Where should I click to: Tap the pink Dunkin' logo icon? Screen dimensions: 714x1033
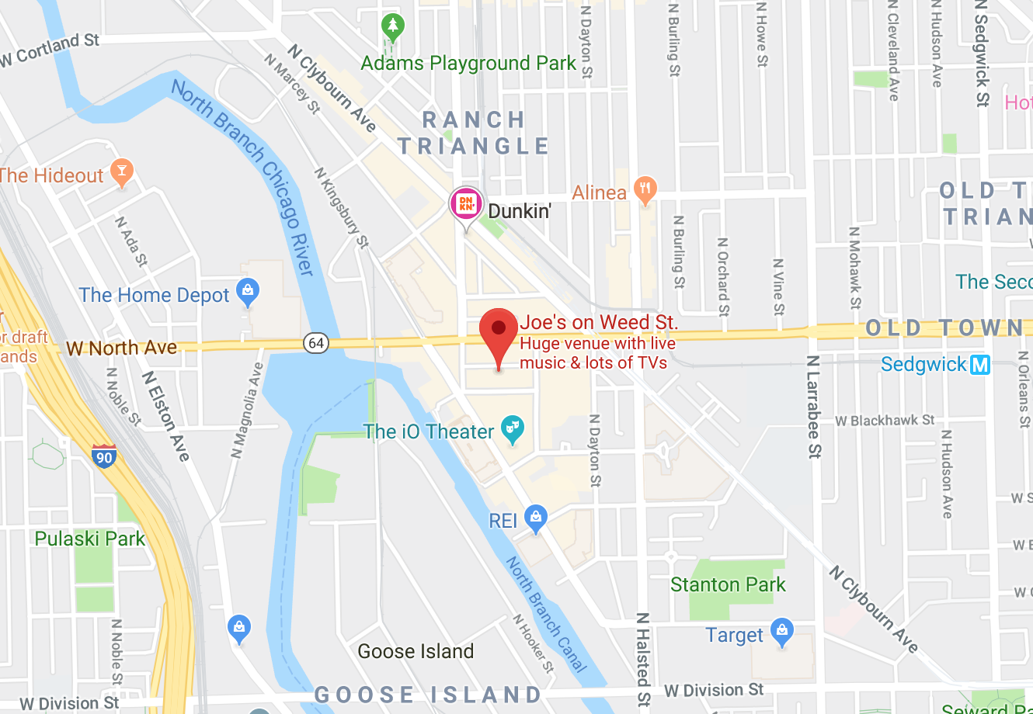point(466,204)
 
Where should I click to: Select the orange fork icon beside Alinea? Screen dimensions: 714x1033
point(645,189)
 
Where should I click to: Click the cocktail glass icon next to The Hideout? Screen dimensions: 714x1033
point(121,172)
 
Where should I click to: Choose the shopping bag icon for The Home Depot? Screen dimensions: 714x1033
point(248,292)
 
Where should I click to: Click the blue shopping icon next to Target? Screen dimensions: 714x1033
point(782,632)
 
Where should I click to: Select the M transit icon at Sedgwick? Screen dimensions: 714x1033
point(980,364)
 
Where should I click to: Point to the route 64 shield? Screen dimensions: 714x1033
point(315,343)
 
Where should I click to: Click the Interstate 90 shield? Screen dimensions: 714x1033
point(104,456)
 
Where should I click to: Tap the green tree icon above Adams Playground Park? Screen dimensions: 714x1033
point(393,28)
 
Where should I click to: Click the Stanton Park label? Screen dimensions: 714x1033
point(728,584)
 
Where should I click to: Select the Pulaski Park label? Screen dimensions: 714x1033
point(89,539)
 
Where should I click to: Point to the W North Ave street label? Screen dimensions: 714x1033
point(122,348)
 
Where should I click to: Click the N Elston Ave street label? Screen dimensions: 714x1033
point(166,416)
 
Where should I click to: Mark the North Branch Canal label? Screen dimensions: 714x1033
point(546,613)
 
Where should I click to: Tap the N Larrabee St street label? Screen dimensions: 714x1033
point(813,407)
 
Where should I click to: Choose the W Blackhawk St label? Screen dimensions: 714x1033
point(885,421)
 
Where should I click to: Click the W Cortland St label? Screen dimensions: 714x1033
point(50,49)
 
